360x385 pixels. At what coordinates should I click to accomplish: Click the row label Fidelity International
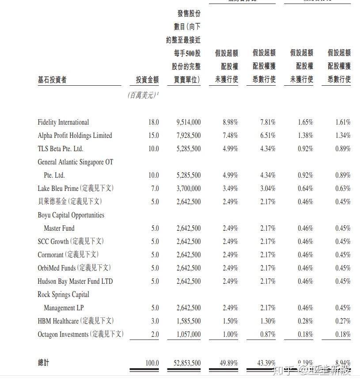click(63, 122)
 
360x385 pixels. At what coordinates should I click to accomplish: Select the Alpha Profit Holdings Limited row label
click(75, 136)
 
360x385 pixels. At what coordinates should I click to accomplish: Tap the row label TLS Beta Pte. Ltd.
click(61, 149)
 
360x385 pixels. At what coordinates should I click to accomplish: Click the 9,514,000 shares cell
click(188, 122)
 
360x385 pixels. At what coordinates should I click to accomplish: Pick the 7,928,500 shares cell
click(188, 136)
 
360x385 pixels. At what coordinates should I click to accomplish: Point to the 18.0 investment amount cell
click(153, 122)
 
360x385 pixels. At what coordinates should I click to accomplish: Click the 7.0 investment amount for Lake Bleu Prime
click(155, 189)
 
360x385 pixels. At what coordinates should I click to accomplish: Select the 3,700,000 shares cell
click(188, 189)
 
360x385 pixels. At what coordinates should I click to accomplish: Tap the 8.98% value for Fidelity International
click(230, 122)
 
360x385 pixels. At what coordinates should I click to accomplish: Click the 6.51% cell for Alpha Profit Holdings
click(268, 136)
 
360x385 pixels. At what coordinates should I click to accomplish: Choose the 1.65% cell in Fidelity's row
click(305, 122)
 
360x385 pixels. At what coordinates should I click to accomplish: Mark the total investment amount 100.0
click(152, 363)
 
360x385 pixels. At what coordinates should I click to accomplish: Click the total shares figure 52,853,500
click(187, 363)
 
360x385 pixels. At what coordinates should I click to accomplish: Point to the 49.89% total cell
click(229, 363)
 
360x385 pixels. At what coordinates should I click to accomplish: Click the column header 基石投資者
click(52, 80)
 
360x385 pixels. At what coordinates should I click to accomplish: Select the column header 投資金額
click(147, 80)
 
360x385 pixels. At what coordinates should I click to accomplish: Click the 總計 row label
click(43, 363)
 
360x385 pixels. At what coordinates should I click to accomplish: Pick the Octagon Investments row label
click(80, 335)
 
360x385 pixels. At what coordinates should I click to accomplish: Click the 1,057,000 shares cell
click(188, 335)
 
